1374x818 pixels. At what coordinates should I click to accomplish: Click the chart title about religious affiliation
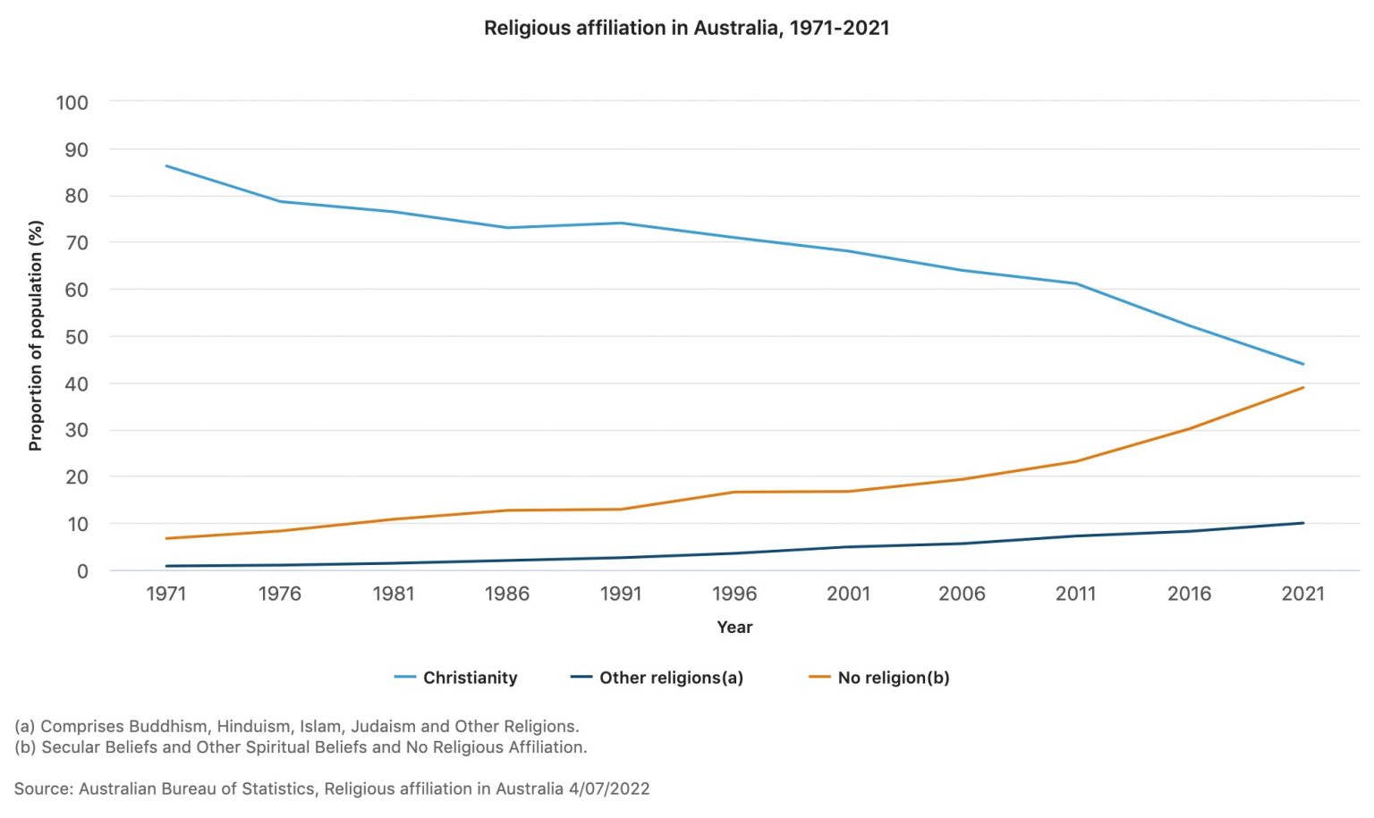point(686,28)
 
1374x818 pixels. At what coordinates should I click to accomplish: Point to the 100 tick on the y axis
point(72,103)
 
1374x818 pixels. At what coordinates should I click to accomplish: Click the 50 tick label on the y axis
point(76,337)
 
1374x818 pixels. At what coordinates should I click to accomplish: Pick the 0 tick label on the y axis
point(82,571)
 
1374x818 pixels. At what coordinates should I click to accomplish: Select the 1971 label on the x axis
point(165,594)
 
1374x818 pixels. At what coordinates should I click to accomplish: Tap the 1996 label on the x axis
point(734,594)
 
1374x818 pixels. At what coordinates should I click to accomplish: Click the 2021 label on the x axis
point(1302,594)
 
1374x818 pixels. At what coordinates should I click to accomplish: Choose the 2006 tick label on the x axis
point(962,594)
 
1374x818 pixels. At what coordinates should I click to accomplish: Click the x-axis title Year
point(734,628)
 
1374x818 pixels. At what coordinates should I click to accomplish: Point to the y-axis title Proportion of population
point(36,335)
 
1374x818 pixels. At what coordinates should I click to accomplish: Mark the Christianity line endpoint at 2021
point(1303,364)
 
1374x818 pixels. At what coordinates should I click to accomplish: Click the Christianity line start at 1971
point(166,165)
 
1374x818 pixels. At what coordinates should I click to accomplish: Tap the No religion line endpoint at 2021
point(1303,387)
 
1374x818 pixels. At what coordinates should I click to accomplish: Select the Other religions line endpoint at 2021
point(1303,523)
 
